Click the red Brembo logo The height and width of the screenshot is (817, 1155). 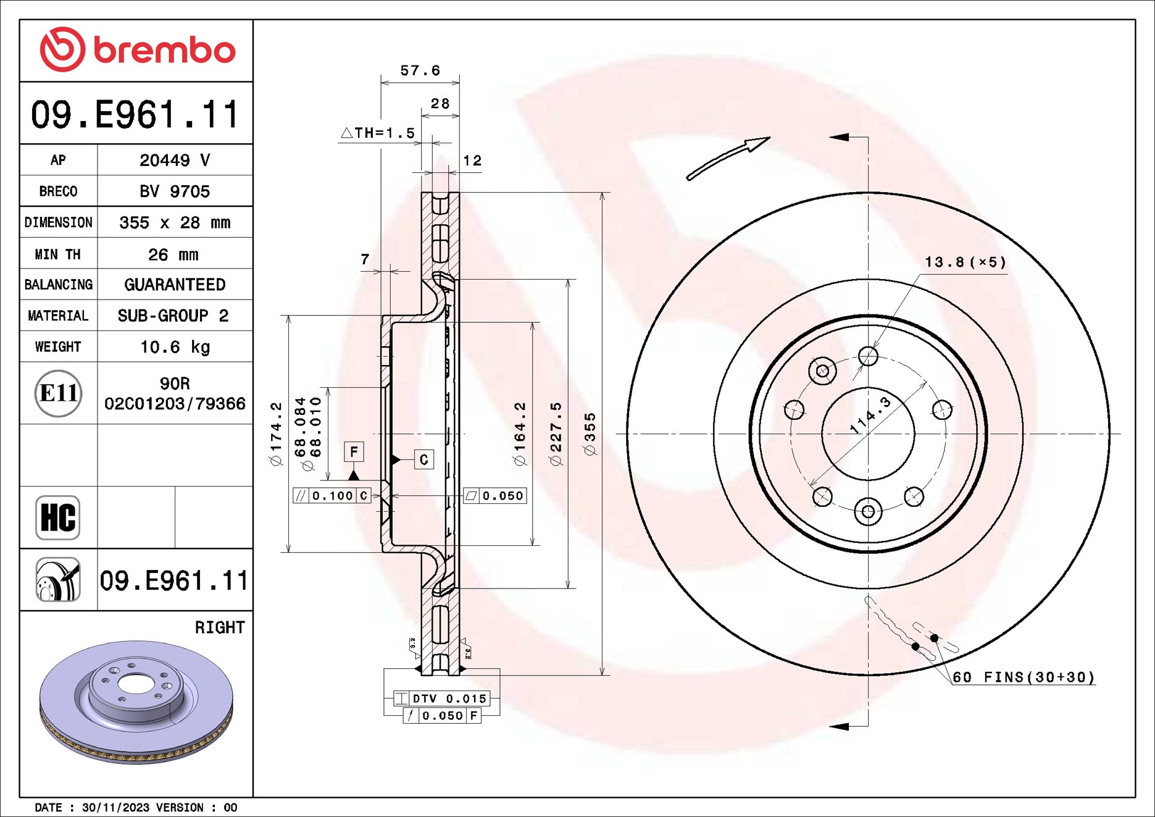click(137, 49)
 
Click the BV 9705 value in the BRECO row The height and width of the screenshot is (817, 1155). click(175, 191)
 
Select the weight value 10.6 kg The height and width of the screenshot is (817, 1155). click(175, 347)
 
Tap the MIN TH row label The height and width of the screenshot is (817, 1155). click(58, 254)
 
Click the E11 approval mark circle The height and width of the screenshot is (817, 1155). click(58, 393)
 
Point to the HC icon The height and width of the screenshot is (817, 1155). click(58, 517)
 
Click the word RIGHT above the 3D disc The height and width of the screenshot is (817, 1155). click(220, 627)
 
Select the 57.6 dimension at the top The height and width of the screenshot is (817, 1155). click(420, 70)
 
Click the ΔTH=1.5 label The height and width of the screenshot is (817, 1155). click(378, 133)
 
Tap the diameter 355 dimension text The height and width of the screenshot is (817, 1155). click(590, 434)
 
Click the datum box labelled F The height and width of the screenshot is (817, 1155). click(354, 452)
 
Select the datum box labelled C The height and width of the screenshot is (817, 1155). click(423, 459)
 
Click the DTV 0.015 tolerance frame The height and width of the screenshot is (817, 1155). click(442, 698)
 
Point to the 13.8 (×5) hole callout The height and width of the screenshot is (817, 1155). click(965, 262)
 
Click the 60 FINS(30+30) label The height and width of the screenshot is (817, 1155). click(1024, 677)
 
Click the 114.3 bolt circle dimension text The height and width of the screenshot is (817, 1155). click(870, 415)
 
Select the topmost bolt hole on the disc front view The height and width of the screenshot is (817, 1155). click(868, 356)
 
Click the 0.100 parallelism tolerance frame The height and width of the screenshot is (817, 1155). click(332, 496)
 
